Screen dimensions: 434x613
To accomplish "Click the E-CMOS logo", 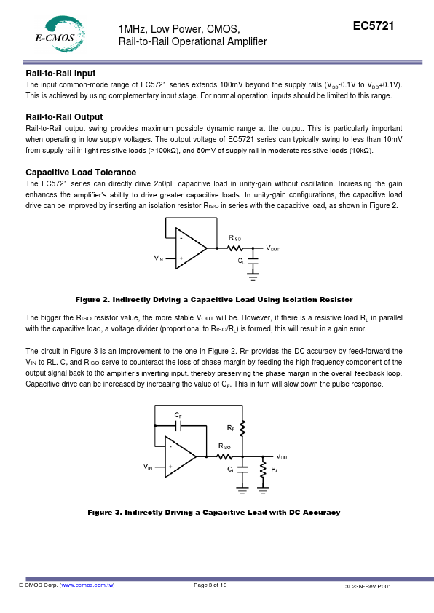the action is [60, 34].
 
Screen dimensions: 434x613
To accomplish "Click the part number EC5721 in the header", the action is [374, 25].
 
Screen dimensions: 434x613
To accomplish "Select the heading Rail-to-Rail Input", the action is [60, 74].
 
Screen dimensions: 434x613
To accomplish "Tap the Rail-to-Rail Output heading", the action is [64, 117].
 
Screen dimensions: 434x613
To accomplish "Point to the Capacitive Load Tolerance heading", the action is [81, 173].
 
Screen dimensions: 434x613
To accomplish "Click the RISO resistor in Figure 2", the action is [235, 248].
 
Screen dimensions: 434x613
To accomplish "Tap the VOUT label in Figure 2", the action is [273, 248].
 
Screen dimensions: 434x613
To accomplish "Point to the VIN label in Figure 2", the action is [158, 258].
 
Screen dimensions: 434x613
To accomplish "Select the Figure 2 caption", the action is [214, 300].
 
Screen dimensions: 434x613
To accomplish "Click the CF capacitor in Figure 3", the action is [180, 425].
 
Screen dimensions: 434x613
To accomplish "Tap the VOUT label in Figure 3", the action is [283, 456].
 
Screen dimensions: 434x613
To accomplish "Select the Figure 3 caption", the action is [214, 512].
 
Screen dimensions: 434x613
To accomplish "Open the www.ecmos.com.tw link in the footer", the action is [87, 585].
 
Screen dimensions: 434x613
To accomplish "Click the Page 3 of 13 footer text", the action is [210, 585].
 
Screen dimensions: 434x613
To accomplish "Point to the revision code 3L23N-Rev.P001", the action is [368, 586].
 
